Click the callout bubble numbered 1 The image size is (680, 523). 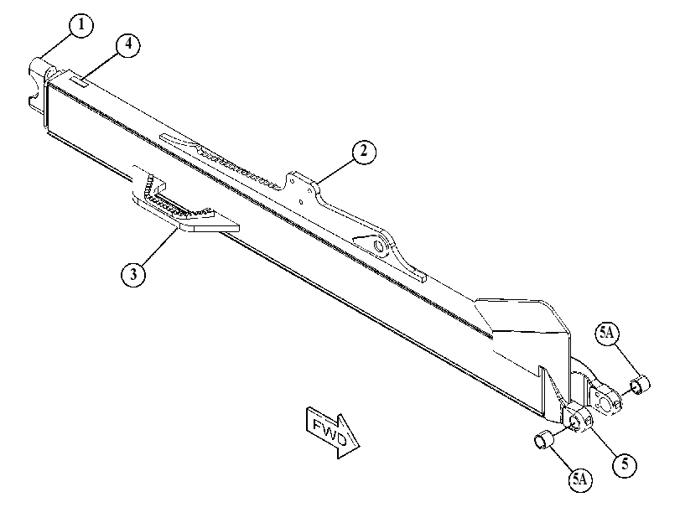[80, 25]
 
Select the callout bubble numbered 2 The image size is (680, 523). [363, 152]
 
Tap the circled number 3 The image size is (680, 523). [133, 274]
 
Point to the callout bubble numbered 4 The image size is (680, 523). [128, 45]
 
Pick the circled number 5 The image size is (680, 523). [625, 465]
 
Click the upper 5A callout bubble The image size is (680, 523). [607, 334]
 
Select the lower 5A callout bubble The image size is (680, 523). [580, 479]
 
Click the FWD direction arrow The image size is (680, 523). [332, 432]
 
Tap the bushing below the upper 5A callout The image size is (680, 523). [640, 385]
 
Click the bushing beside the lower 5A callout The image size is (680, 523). [544, 439]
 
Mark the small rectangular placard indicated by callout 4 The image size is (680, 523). [80, 80]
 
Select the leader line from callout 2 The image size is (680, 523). [335, 171]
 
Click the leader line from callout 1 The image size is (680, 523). [56, 45]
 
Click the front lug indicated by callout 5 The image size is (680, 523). [577, 417]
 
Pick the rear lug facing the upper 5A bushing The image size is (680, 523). [605, 395]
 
